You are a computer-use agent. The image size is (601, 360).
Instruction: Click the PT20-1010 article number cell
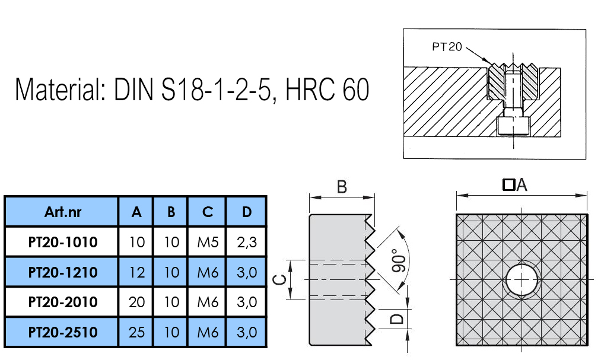pos(63,242)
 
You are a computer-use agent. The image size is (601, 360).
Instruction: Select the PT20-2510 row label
pos(63,332)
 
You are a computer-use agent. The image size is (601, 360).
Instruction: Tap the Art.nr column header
pos(63,212)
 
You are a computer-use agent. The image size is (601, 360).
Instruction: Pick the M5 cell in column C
pos(208,242)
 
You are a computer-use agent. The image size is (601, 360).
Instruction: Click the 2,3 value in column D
pos(246,242)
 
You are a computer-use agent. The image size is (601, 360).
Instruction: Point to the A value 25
pos(136,332)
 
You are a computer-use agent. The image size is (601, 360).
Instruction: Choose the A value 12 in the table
pos(136,272)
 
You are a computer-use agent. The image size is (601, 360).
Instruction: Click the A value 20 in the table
pos(136,302)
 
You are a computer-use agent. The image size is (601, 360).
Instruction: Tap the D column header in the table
pos(246,212)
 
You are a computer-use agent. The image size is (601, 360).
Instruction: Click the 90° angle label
pos(399,260)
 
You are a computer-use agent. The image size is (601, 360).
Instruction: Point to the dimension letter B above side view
pos(342,187)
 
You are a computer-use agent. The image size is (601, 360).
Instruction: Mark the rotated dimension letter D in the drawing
pos(397,318)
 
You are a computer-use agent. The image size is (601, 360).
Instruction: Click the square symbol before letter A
pos(508,185)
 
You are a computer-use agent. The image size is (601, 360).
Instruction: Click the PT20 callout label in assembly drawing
pos(447,47)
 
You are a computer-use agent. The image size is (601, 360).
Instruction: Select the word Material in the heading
pos(60,89)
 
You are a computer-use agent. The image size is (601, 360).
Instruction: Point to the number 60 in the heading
pos(356,89)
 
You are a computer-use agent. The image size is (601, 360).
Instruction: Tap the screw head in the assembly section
pos(513,125)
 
